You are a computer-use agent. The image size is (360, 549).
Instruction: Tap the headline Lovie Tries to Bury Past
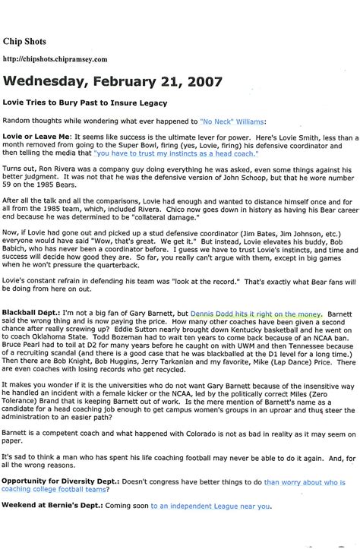[84, 103]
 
